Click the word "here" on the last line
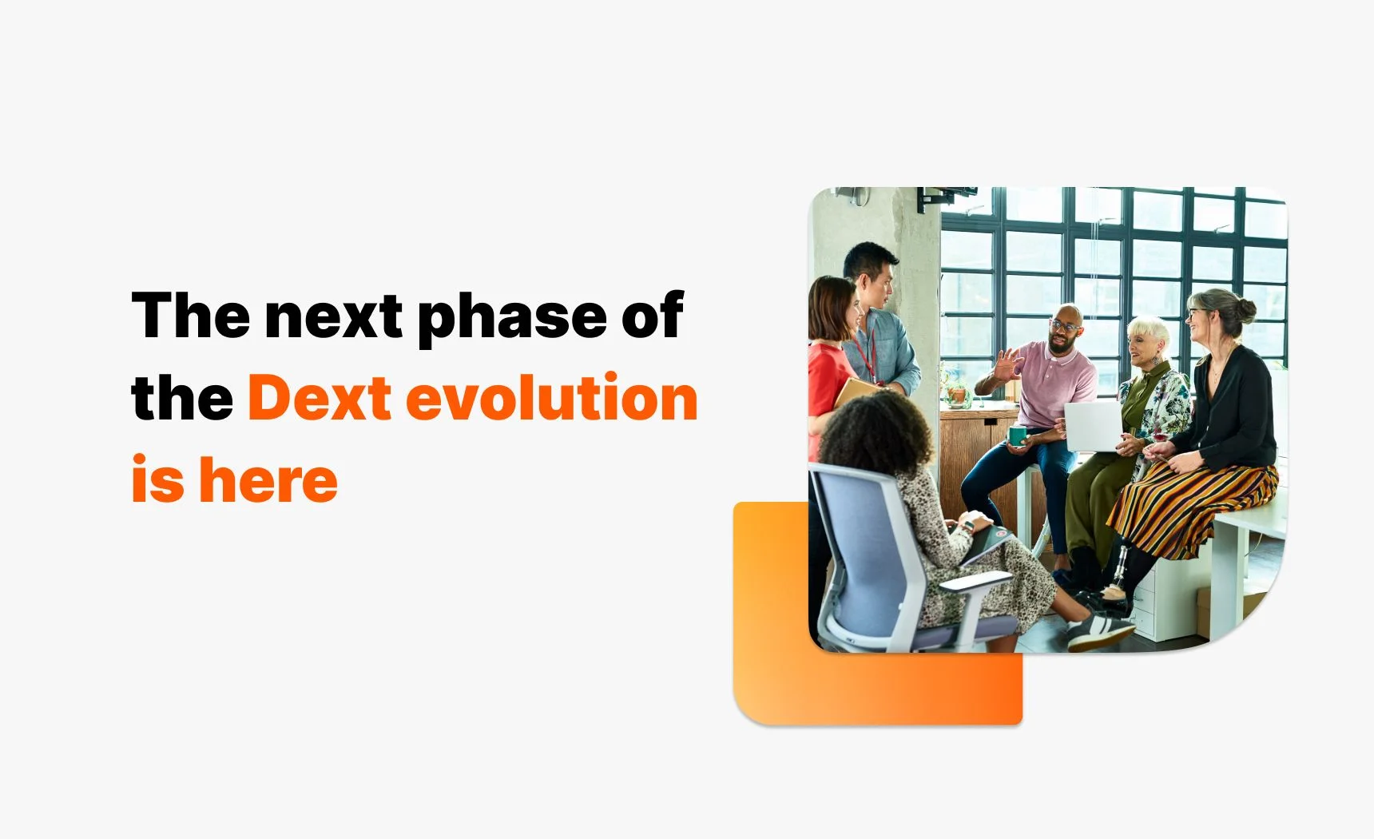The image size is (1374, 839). [268, 480]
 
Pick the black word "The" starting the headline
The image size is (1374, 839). [190, 316]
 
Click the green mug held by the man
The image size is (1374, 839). [1017, 435]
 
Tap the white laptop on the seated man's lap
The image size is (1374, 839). [1093, 426]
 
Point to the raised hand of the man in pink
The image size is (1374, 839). [1008, 365]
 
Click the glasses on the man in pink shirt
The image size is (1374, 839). [1064, 326]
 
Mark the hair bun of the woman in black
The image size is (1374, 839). [1244, 306]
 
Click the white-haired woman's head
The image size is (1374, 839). [1148, 339]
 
